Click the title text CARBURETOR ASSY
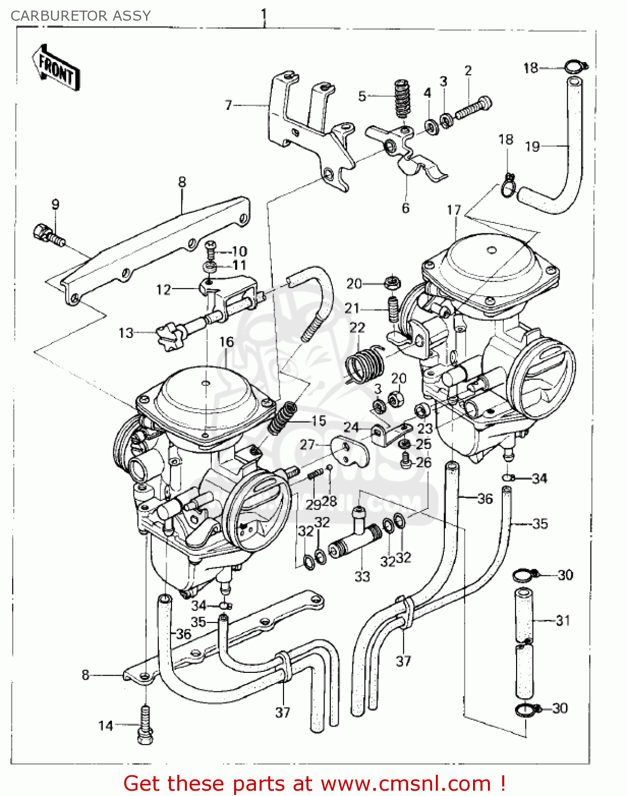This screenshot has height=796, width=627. (x=81, y=16)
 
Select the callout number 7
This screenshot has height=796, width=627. (x=228, y=105)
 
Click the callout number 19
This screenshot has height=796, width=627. (x=532, y=146)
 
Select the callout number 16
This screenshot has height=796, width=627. (x=227, y=342)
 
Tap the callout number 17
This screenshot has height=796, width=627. (x=454, y=210)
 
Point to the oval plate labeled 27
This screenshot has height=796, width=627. (x=349, y=449)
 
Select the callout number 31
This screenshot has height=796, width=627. (x=563, y=620)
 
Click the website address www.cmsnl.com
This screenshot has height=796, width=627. (x=406, y=784)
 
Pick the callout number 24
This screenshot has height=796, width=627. (x=351, y=427)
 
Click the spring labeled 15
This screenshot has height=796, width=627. (x=282, y=417)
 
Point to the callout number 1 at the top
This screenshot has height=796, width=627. (x=263, y=15)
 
